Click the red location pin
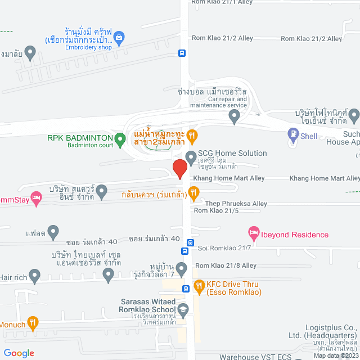(x=179, y=169)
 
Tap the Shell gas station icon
(x=292, y=135)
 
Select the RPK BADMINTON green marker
(x=119, y=138)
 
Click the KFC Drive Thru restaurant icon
(x=199, y=286)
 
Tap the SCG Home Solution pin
(x=191, y=156)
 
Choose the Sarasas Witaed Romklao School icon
(x=183, y=309)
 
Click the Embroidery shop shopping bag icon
(x=119, y=38)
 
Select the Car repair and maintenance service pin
(x=235, y=116)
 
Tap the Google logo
(x=18, y=353)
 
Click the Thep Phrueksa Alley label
(x=236, y=203)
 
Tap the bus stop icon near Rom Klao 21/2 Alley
(x=182, y=53)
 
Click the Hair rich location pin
(x=35, y=276)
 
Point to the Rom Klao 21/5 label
(x=216, y=211)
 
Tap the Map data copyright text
(x=335, y=355)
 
